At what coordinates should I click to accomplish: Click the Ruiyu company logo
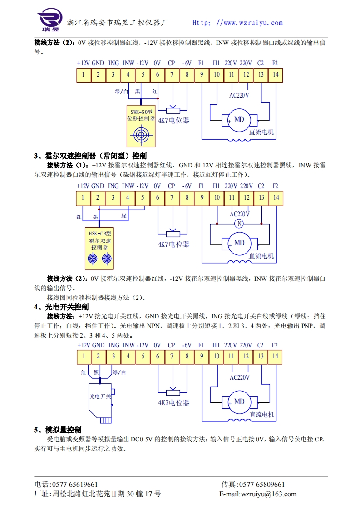49,20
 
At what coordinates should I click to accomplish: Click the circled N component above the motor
239,224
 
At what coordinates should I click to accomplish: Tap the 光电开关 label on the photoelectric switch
100,396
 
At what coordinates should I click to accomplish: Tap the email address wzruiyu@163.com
268,494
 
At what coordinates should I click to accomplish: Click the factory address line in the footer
98,494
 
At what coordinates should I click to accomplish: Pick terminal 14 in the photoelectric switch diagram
275,357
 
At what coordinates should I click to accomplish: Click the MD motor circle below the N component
239,243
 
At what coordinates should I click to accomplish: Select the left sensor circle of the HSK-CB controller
93,259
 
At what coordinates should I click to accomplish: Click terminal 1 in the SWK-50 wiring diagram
84,74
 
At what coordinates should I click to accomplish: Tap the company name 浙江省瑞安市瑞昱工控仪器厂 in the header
118,23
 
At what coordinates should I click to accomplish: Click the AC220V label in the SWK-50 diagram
240,95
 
